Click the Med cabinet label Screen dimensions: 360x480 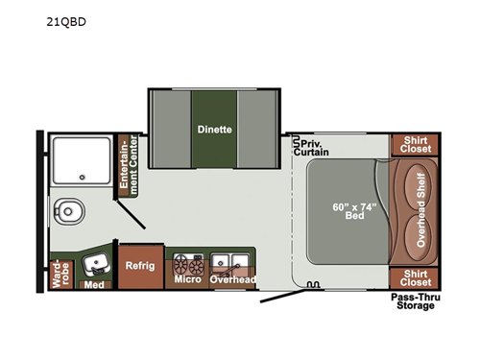click(x=93, y=285)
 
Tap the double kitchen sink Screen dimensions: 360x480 click(x=231, y=261)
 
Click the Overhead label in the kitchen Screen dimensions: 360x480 click(x=233, y=280)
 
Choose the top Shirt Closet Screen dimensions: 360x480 click(x=415, y=144)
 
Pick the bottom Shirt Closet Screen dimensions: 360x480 click(x=415, y=276)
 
